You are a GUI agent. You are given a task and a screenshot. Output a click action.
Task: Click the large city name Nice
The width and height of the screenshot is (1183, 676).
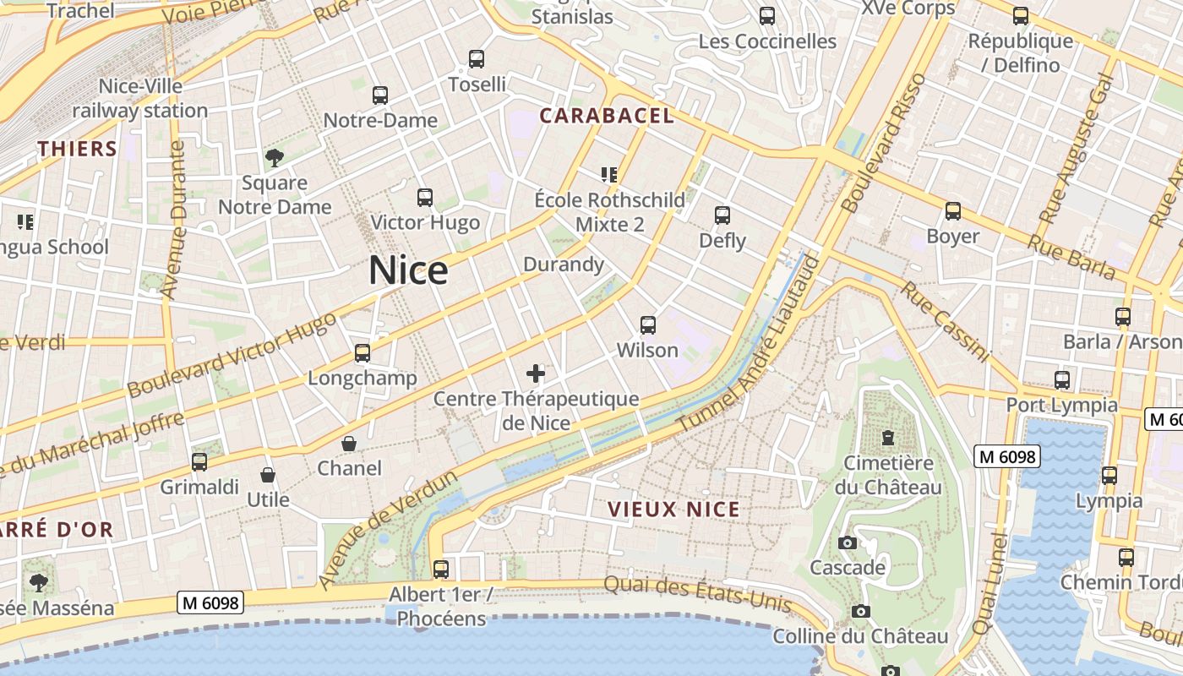coord(408,270)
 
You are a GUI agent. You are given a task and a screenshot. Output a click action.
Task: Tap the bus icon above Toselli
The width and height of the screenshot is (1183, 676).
coord(477,59)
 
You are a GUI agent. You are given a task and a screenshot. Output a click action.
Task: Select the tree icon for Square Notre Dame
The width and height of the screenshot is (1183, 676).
coord(274,157)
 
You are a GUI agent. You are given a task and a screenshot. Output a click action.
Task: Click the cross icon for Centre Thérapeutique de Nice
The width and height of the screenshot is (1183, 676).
coord(536,373)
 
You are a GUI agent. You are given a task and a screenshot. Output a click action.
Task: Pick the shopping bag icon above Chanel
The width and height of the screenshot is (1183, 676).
coord(349,444)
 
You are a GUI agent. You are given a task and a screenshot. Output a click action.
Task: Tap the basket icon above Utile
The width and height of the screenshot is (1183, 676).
coord(268,475)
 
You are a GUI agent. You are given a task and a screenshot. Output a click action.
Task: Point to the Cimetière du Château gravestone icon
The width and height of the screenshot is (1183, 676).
coord(888,438)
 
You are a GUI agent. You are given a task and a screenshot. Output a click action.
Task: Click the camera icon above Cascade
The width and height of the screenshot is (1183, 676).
coord(847,542)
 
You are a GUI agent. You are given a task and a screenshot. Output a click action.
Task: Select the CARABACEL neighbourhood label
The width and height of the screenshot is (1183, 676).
coord(607,116)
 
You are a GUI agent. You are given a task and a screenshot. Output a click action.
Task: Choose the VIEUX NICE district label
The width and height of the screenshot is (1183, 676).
coord(674,510)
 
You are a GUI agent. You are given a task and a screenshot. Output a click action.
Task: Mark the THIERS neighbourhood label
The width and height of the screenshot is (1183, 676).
coord(77,150)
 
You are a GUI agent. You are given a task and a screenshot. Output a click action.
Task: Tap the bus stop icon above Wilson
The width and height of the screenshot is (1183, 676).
coord(648,324)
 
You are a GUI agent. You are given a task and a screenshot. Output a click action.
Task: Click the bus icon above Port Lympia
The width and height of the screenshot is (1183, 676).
coord(1062,379)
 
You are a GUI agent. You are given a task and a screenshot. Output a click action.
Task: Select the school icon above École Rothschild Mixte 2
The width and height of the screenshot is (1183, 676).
coord(609,175)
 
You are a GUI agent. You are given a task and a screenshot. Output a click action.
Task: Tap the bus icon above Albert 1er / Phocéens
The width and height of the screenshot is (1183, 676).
coord(441,569)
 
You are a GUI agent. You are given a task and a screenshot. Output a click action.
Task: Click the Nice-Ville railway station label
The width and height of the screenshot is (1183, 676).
coord(140,98)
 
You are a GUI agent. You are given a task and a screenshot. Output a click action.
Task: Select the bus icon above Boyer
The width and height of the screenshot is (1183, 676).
coord(953,211)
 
